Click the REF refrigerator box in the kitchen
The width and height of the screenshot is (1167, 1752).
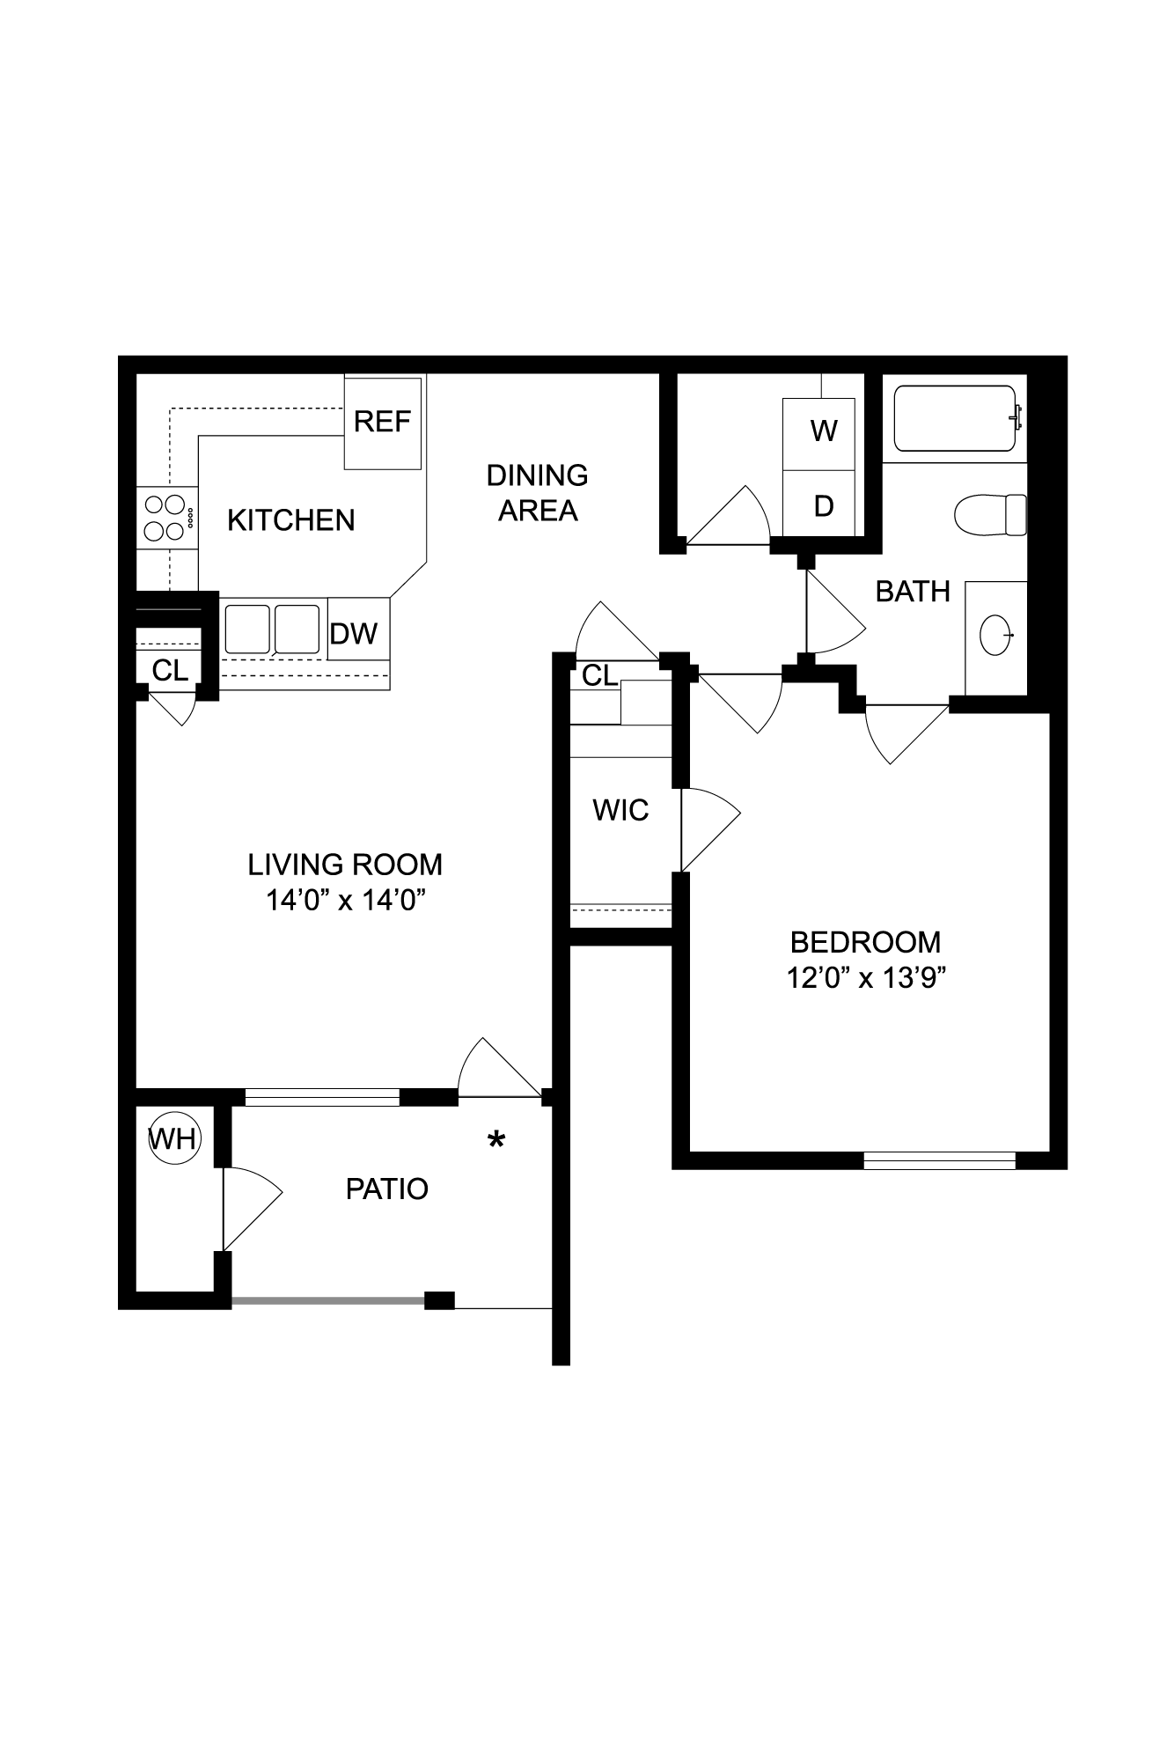point(382,423)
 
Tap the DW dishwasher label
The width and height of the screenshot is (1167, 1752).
point(354,633)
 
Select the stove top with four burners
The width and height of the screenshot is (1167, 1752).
point(166,518)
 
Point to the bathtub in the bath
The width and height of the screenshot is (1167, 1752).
point(956,419)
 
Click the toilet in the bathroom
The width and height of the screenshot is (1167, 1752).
point(991,514)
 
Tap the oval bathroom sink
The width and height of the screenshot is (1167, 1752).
point(996,634)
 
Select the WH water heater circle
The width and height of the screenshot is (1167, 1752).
point(173,1139)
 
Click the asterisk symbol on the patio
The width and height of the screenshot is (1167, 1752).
point(496,1141)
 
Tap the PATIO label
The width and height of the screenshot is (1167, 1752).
point(386,1189)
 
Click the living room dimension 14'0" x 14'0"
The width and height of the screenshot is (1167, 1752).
point(346,901)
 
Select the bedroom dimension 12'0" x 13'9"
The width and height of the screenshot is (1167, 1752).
point(866,978)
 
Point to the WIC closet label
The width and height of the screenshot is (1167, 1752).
point(620,810)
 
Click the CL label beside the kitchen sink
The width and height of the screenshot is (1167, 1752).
point(170,671)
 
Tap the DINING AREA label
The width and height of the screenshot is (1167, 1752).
point(538,493)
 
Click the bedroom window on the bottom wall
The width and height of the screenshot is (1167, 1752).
point(939,1160)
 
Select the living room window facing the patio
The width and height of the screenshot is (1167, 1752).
point(322,1097)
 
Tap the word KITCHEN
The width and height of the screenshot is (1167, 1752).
point(291,520)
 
